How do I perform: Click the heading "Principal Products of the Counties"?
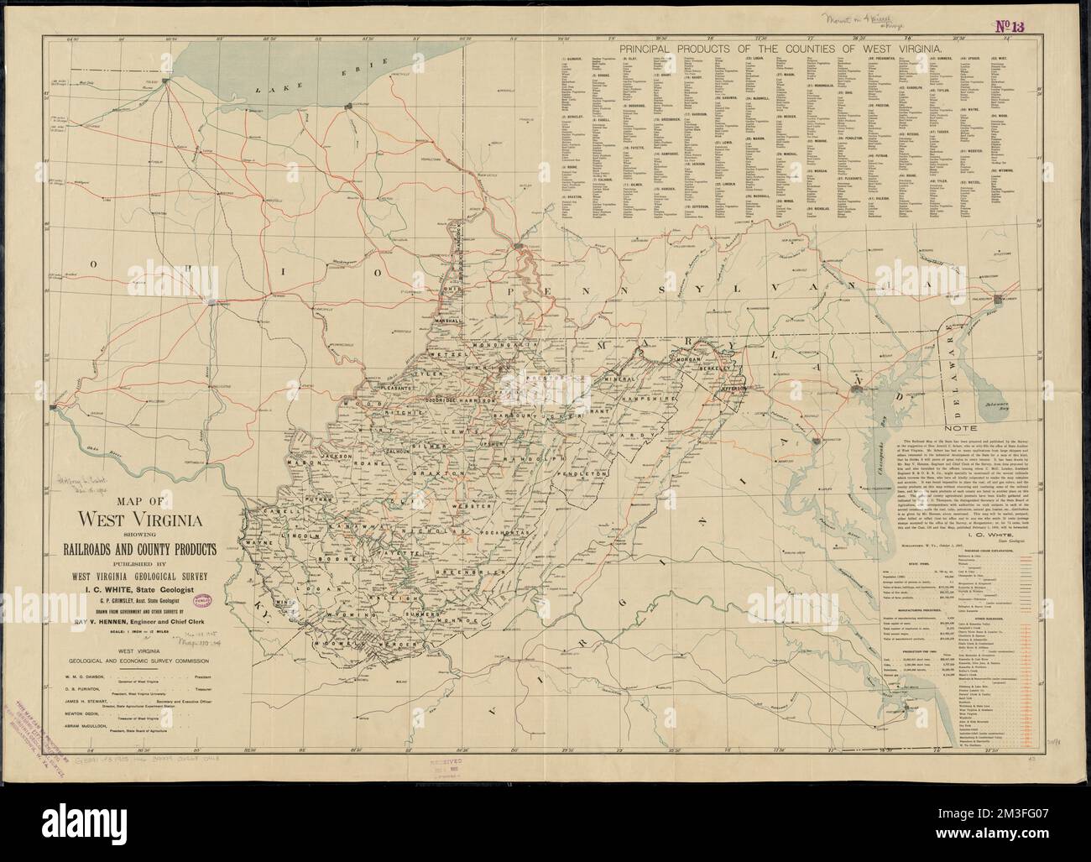point(778,50)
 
